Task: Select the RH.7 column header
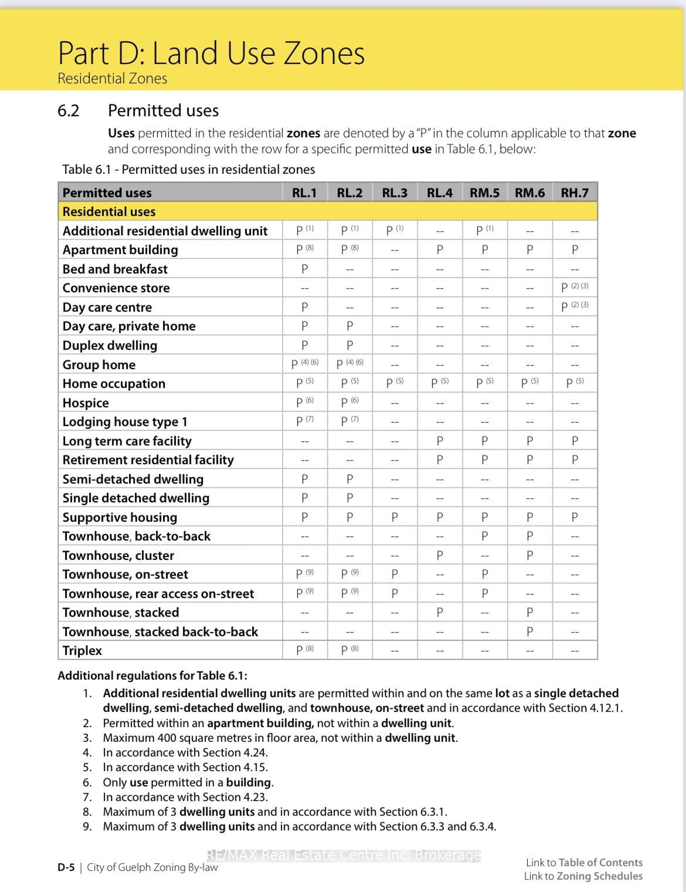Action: (x=575, y=193)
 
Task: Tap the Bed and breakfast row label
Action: (x=115, y=269)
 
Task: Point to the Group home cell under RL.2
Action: (x=350, y=364)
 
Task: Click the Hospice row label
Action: (x=86, y=403)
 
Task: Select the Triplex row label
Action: (x=82, y=651)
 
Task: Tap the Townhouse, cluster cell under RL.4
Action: (x=439, y=556)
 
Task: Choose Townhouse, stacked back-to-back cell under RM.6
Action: (x=530, y=632)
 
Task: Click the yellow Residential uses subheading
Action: (x=109, y=212)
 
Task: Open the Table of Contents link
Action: (x=600, y=863)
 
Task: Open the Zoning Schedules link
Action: (x=600, y=876)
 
